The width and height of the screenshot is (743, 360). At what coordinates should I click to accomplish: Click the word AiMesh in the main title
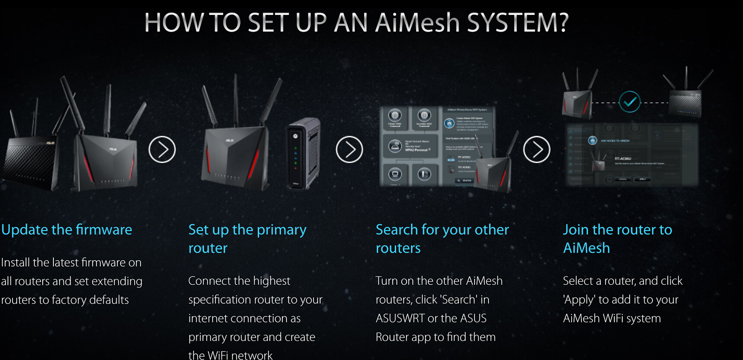click(x=417, y=23)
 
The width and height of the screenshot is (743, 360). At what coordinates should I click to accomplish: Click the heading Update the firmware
click(x=67, y=229)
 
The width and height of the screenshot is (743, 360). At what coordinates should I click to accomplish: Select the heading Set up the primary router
click(x=247, y=238)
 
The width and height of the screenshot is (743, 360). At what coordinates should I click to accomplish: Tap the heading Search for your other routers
click(x=442, y=238)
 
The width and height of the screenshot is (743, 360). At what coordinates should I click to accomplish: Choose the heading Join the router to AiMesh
click(x=617, y=238)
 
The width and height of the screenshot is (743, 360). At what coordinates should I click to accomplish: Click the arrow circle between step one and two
click(x=162, y=150)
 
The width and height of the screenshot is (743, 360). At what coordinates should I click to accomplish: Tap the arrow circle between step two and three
click(x=349, y=150)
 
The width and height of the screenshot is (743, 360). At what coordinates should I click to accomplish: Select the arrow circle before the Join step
click(x=536, y=150)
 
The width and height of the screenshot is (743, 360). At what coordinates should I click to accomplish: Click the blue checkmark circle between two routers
click(x=630, y=102)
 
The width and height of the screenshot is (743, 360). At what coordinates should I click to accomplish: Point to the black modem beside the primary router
click(x=304, y=153)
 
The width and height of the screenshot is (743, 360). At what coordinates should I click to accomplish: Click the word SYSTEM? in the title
click(x=518, y=23)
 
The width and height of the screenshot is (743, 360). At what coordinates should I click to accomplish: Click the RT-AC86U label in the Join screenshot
click(x=623, y=158)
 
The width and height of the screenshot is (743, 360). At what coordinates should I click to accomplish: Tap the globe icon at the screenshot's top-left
click(x=395, y=115)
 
